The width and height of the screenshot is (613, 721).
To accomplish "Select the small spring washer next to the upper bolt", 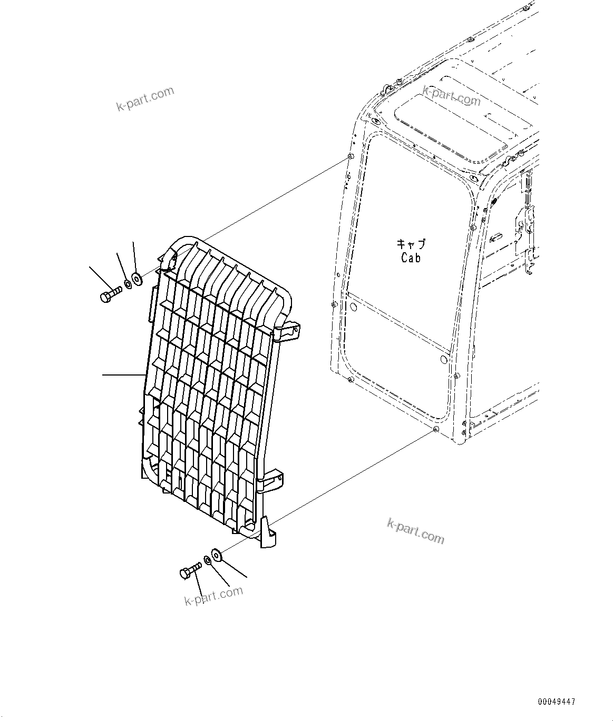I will tap(128, 286).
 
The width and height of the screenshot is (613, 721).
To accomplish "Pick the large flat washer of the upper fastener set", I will tap(137, 279).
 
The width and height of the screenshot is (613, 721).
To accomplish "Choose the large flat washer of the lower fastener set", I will tap(217, 554).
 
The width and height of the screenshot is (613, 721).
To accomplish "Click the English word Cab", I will tap(411, 258).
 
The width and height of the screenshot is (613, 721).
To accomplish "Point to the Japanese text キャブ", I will tap(411, 244).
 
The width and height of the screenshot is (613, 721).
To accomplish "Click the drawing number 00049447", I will tap(557, 702).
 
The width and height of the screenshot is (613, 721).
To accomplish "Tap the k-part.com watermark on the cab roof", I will tap(452, 96).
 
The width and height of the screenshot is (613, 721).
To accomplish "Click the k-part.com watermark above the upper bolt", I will tap(145, 99).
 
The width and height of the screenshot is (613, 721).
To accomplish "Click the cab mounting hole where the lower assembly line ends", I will tap(435, 430).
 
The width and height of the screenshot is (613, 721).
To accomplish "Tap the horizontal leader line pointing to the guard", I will tap(123, 375).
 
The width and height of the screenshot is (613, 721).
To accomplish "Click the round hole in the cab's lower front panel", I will tap(443, 359).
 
